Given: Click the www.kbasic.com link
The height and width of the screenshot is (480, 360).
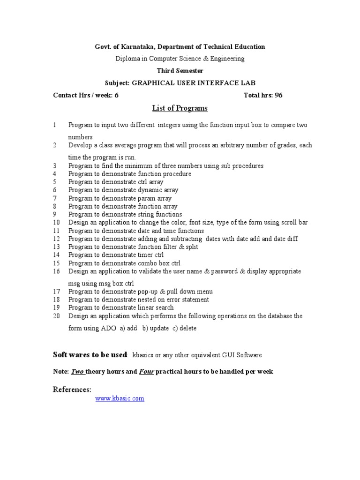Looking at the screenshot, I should pyautogui.click(x=120, y=398).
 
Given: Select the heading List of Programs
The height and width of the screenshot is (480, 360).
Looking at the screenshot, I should pyautogui.click(x=180, y=109).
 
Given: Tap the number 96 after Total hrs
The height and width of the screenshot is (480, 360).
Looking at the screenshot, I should pyautogui.click(x=278, y=95).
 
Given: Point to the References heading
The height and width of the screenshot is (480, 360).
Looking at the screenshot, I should pyautogui.click(x=72, y=390).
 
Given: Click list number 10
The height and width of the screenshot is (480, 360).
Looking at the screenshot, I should pyautogui.click(x=57, y=223).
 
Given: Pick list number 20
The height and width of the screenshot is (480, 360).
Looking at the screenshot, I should pyautogui.click(x=57, y=316).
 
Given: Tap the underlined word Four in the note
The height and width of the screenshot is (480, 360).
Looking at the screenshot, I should pyautogui.click(x=146, y=372).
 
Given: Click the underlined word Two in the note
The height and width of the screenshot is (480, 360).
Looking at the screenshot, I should pyautogui.click(x=77, y=372).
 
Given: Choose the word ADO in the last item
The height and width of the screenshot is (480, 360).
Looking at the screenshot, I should pyautogui.click(x=106, y=329).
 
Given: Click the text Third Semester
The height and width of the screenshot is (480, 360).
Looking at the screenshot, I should pyautogui.click(x=180, y=71).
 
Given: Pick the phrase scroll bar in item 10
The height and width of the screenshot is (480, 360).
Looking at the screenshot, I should pyautogui.click(x=294, y=223).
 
